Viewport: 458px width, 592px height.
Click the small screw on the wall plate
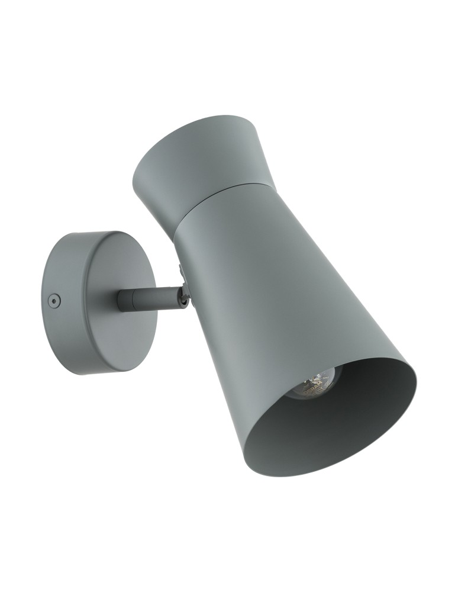(54, 301)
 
